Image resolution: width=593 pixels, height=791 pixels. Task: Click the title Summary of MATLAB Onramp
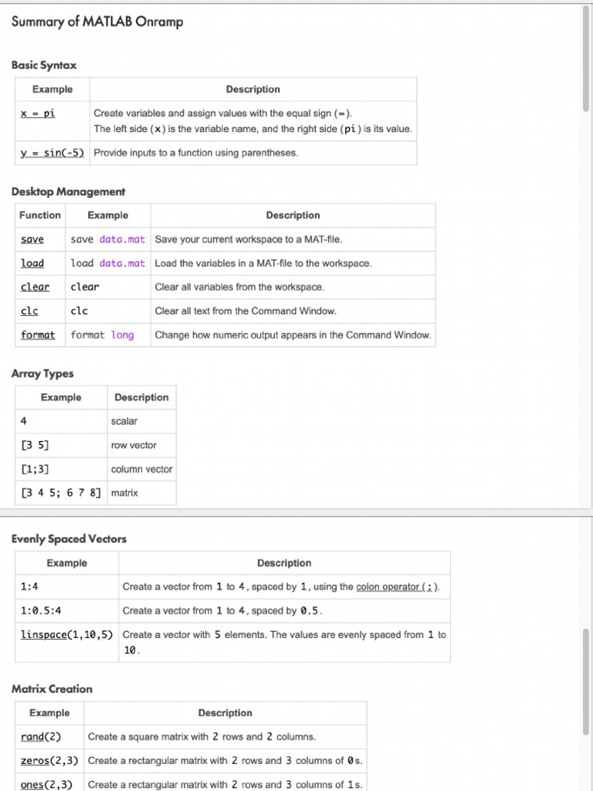(97, 22)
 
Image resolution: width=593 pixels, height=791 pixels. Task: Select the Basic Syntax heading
(44, 65)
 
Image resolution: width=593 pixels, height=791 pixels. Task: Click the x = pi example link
(38, 113)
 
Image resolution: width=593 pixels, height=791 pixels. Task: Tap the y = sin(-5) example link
(53, 152)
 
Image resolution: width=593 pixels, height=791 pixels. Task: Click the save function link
(32, 239)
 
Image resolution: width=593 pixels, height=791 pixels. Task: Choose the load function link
(32, 263)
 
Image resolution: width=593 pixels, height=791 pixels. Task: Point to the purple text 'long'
(122, 335)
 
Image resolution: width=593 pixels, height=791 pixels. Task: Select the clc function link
(29, 311)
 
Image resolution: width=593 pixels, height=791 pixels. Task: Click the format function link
(38, 335)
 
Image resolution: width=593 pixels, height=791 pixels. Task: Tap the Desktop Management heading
(68, 191)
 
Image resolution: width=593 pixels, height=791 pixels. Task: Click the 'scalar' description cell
(124, 421)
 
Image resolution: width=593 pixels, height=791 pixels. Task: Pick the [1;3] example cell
(36, 469)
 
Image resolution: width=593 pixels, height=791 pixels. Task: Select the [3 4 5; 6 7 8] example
(61, 493)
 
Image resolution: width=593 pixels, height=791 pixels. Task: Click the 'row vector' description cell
(134, 445)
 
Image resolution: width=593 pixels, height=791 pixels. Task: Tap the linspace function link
(44, 635)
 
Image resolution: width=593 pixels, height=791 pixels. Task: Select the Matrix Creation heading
(52, 688)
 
